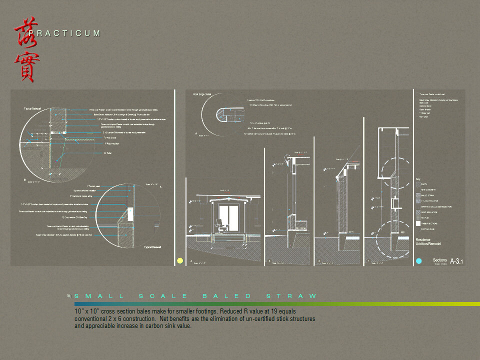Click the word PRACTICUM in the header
pyautogui.click(x=65, y=33)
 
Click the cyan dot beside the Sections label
pyautogui.click(x=419, y=261)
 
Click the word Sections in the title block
pyautogui.click(x=439, y=260)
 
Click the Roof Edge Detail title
pyautogui.click(x=202, y=94)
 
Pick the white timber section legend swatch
pyautogui.click(x=418, y=223)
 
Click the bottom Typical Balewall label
pyautogui.click(x=153, y=247)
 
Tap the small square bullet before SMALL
pyautogui.click(x=70, y=296)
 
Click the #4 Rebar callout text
pyautogui.click(x=107, y=153)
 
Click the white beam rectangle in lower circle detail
pyautogui.click(x=130, y=215)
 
